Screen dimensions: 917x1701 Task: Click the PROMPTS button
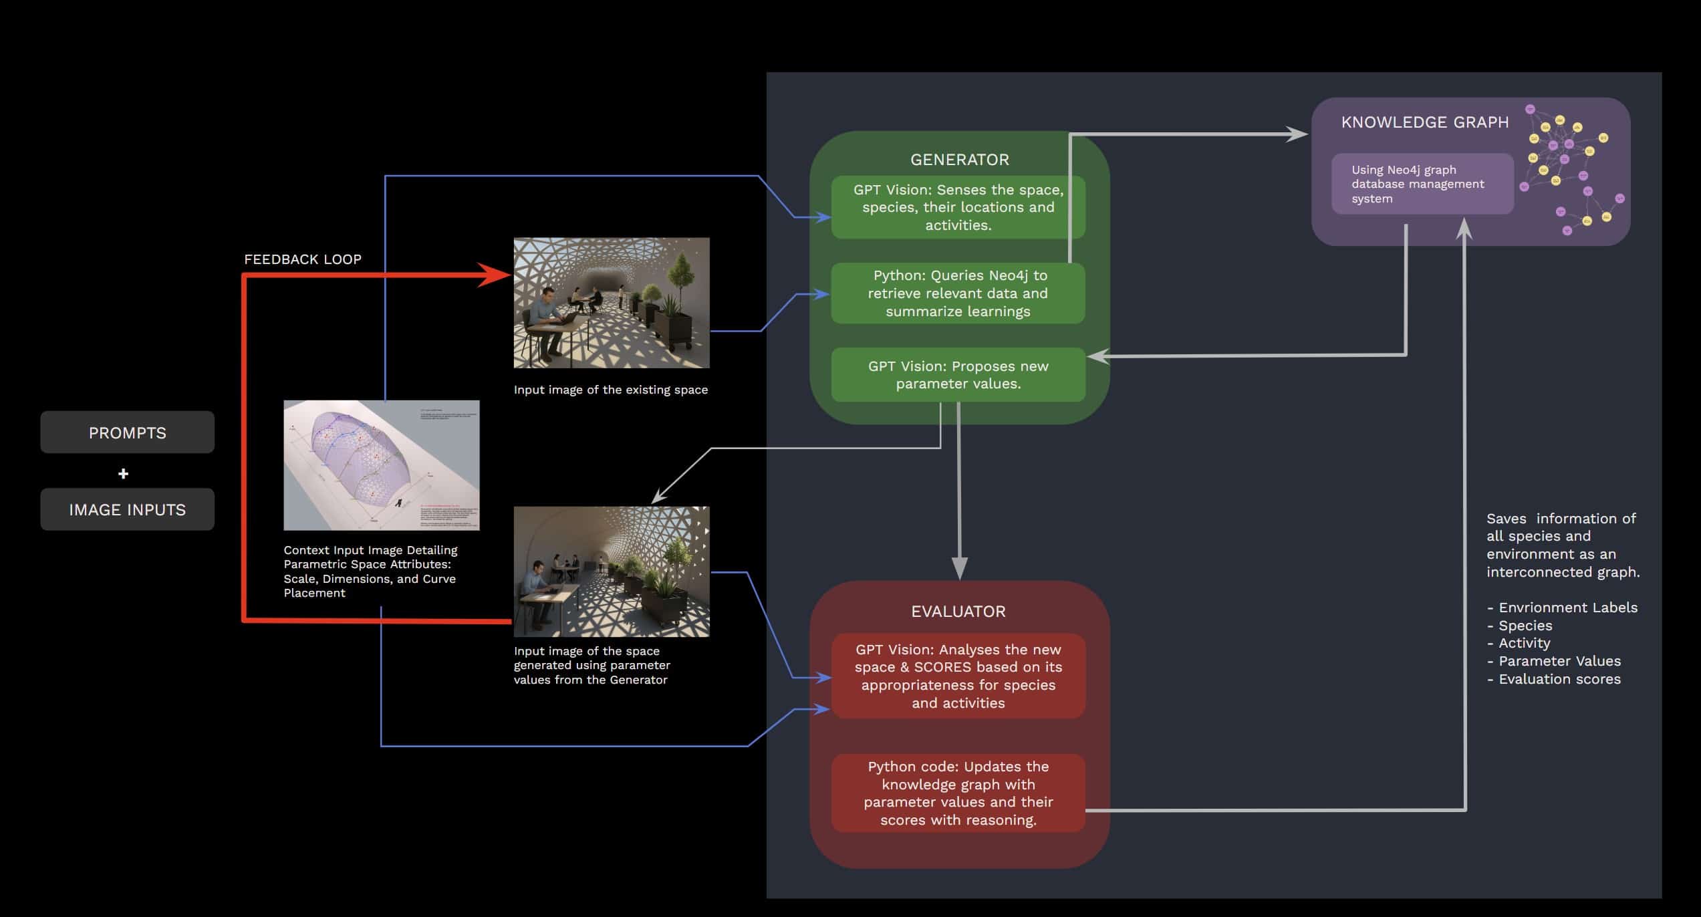tap(127, 432)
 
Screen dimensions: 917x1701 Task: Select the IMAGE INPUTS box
tap(127, 509)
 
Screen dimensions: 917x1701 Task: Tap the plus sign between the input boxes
tap(123, 474)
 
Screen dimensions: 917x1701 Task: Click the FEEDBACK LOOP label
tap(302, 259)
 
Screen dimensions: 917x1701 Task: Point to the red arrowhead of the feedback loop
tap(495, 275)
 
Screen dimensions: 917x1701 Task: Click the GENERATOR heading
tap(959, 160)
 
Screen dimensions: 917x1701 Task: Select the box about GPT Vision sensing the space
tap(958, 207)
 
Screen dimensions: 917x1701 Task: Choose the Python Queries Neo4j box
tap(958, 293)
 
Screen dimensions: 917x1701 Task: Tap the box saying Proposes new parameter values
tap(958, 375)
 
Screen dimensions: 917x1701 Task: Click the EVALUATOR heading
tap(958, 612)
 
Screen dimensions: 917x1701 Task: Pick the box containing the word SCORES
tap(958, 676)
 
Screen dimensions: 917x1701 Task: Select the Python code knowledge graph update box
tap(958, 793)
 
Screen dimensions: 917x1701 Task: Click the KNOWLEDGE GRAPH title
tap(1424, 122)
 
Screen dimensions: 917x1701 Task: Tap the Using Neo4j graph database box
tap(1422, 184)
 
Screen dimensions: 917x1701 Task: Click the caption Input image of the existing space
tap(610, 390)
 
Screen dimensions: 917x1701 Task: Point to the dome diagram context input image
tap(381, 465)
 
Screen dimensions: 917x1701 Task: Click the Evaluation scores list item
tap(1559, 679)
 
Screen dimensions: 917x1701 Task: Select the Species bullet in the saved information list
tap(1525, 626)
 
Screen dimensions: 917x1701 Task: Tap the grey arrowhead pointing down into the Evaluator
tap(959, 567)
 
